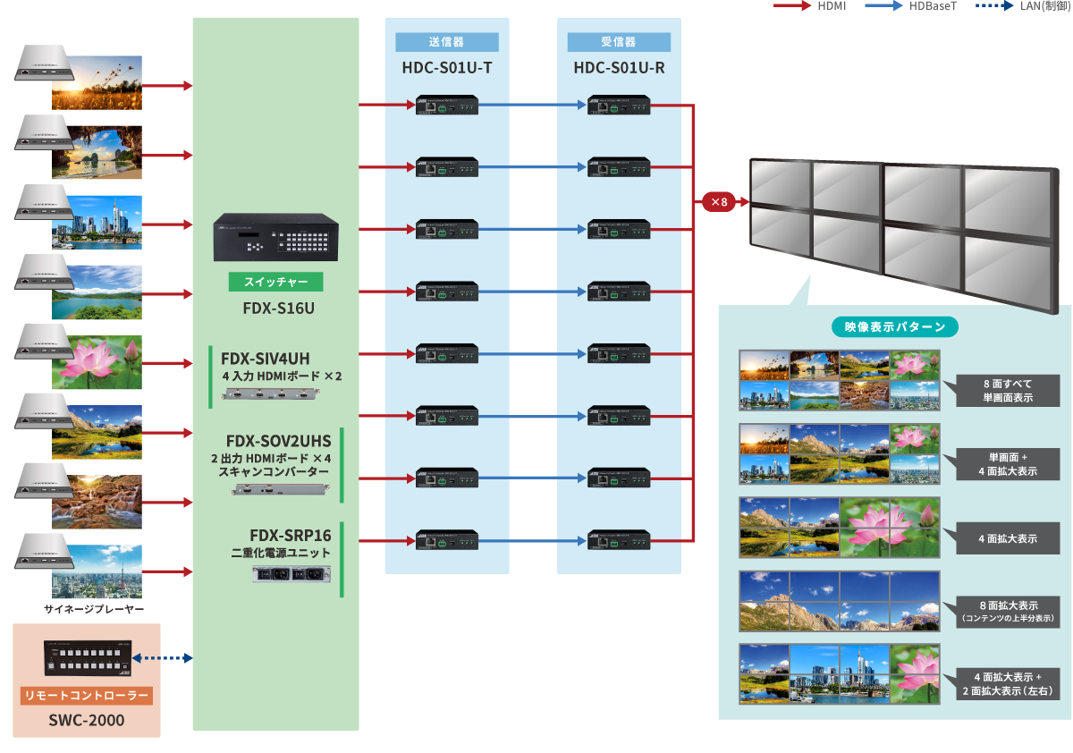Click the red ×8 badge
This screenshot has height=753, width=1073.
tap(718, 202)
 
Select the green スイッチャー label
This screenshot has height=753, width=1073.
tap(275, 282)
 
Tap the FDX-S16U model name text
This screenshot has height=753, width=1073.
tap(275, 309)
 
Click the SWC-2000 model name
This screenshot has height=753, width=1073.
tap(87, 719)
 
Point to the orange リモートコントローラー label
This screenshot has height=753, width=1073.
tap(87, 696)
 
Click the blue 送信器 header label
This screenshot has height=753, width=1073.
tap(447, 42)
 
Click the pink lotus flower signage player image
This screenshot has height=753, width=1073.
tap(97, 361)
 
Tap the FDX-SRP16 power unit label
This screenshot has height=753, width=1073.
tap(279, 536)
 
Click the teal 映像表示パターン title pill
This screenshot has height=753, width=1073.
tap(894, 327)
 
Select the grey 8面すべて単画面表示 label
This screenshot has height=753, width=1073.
tap(1007, 391)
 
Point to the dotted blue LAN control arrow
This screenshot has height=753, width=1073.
tap(162, 658)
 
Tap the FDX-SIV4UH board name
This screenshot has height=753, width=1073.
tap(266, 359)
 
